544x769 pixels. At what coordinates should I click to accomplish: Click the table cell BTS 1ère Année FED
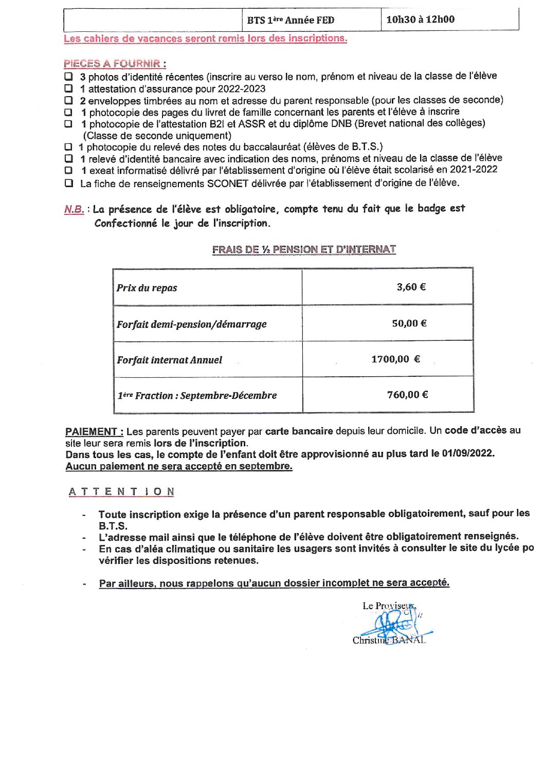(291, 21)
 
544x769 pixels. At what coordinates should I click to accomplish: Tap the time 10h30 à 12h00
(420, 20)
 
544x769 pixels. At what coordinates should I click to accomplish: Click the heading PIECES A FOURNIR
(114, 64)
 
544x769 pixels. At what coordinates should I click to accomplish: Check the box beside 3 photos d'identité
(68, 76)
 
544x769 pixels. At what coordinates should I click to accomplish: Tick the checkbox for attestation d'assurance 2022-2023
(68, 88)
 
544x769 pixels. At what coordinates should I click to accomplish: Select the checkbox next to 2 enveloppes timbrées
(68, 100)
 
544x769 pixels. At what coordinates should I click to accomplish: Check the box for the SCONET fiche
(68, 183)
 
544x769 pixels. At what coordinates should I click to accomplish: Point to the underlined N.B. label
(74, 209)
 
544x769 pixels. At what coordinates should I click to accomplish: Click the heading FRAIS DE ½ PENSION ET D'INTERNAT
(304, 249)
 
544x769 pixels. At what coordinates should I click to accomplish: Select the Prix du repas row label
(147, 288)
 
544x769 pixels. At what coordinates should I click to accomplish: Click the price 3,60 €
(411, 287)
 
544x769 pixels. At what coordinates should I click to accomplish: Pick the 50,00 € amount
(409, 323)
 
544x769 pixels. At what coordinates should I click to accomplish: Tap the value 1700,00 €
(395, 359)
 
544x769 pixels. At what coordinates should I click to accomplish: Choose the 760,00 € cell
(407, 395)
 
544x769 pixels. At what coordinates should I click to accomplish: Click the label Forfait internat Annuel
(170, 360)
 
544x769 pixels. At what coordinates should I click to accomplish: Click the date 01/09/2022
(467, 453)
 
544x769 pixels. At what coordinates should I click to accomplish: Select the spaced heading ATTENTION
(121, 492)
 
